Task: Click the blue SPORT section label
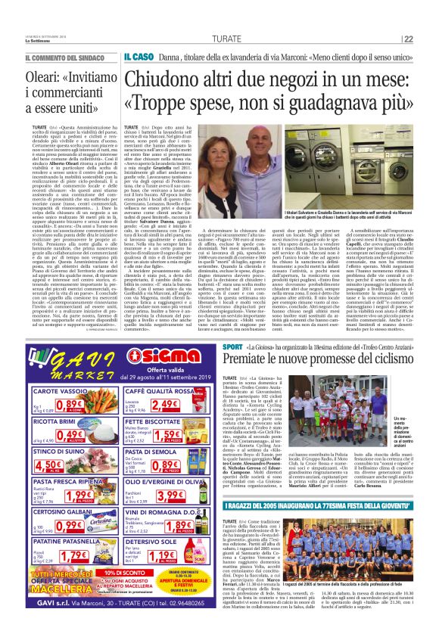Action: click(x=232, y=345)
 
